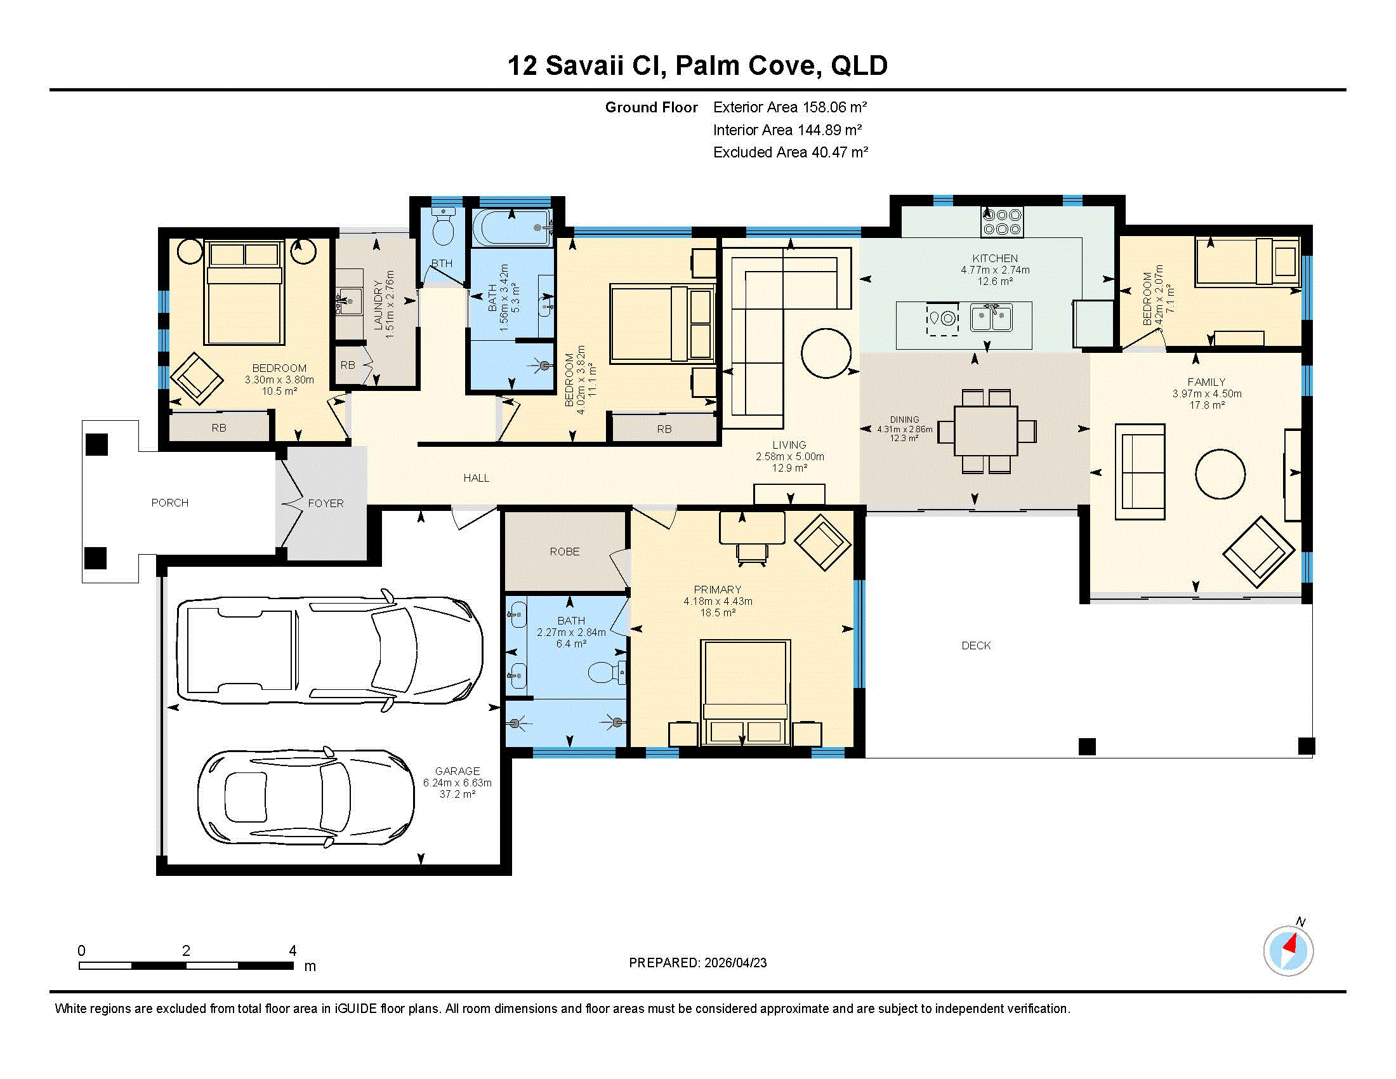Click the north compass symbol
(1288, 950)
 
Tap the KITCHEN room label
(994, 258)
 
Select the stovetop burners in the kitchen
(1001, 222)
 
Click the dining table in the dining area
(985, 431)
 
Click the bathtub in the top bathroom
(512, 228)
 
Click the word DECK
(976, 645)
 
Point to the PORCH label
(169, 503)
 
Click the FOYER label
(326, 504)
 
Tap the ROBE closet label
(564, 552)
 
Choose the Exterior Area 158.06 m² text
(790, 107)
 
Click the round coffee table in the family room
(1220, 473)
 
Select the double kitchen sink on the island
(991, 318)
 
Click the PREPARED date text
(697, 963)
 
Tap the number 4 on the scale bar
(293, 951)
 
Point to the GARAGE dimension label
(457, 783)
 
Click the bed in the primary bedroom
(745, 693)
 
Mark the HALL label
(476, 478)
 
